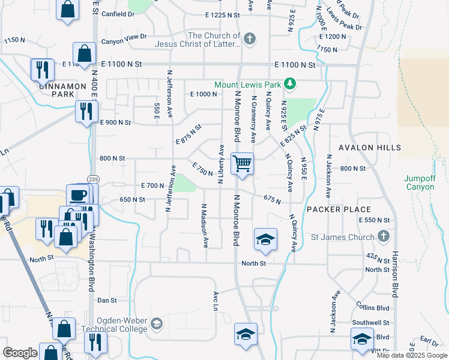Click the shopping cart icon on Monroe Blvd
[x=242, y=163]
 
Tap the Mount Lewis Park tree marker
[x=291, y=83]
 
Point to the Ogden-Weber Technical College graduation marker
[x=157, y=325]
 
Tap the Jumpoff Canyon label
[x=419, y=182]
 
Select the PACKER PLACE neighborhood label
[x=339, y=209]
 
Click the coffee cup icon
[x=78, y=194]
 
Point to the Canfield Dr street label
[x=118, y=13]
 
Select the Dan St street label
[x=106, y=300]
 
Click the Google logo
[x=20, y=352]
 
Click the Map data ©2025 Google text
[x=411, y=355]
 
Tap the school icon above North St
[x=265, y=239]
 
